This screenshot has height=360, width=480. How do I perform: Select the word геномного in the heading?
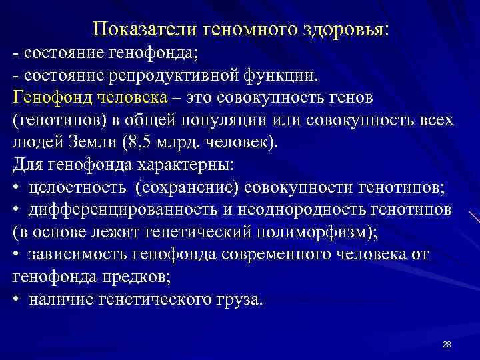tap(242, 29)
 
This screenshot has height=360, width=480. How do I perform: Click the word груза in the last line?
tap(237, 300)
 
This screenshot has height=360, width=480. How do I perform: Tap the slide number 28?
tap(447, 344)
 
